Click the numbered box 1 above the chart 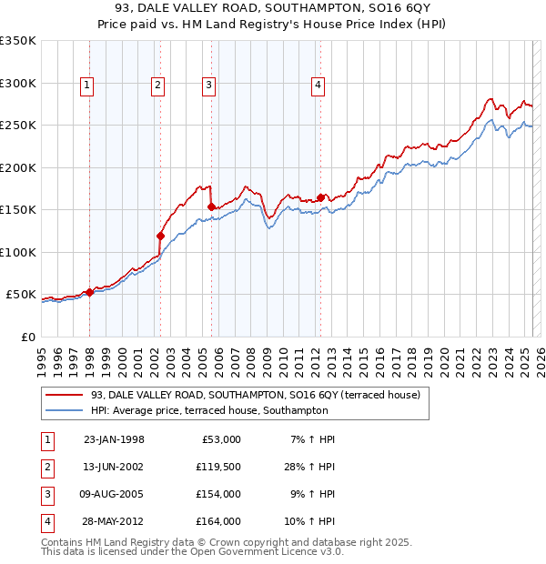point(86,86)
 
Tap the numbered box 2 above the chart point(157,86)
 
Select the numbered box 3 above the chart point(208,86)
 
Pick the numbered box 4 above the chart point(318,86)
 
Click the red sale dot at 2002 point(160,237)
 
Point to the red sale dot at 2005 point(211,207)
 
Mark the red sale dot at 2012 point(321,198)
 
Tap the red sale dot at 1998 point(90,292)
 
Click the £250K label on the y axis point(18,126)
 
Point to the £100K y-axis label point(18,252)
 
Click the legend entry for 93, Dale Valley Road point(255,396)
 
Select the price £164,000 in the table point(219,521)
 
